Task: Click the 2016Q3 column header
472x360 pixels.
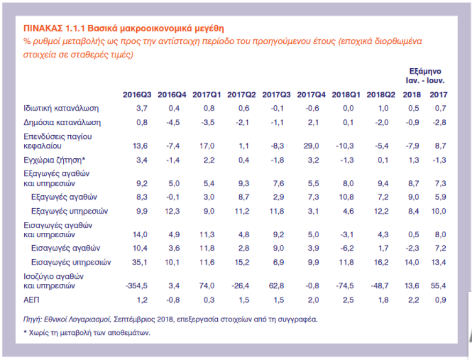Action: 137,95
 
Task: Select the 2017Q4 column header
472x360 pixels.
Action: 311,95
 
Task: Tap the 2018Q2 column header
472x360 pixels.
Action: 381,95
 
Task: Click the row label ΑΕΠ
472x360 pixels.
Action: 32,299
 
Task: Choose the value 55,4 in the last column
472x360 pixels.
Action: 438,286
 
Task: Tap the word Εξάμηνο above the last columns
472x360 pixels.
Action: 425,71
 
